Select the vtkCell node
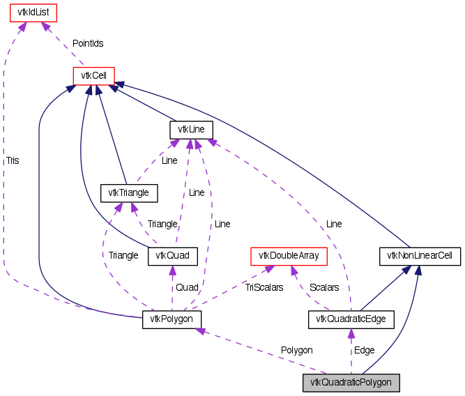pyautogui.click(x=93, y=75)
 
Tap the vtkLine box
pyautogui.click(x=191, y=130)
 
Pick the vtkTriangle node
pyautogui.click(x=130, y=192)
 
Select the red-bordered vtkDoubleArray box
pyautogui.click(x=289, y=256)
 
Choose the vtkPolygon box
pyautogui.click(x=172, y=319)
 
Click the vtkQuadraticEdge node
pyautogui.click(x=351, y=319)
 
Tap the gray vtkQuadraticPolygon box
pyautogui.click(x=351, y=382)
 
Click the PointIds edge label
pyautogui.click(x=88, y=43)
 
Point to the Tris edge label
pyautogui.click(x=13, y=160)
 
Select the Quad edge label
pyautogui.click(x=186, y=287)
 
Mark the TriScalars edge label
pyautogui.click(x=264, y=287)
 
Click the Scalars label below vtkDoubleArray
pyautogui.click(x=324, y=287)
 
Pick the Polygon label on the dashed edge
pyautogui.click(x=296, y=350)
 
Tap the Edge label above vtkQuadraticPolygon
pyautogui.click(x=364, y=350)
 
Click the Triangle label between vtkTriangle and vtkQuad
pyautogui.click(x=162, y=224)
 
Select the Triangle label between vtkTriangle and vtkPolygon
pyautogui.click(x=123, y=255)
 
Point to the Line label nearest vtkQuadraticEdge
pyautogui.click(x=334, y=224)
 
